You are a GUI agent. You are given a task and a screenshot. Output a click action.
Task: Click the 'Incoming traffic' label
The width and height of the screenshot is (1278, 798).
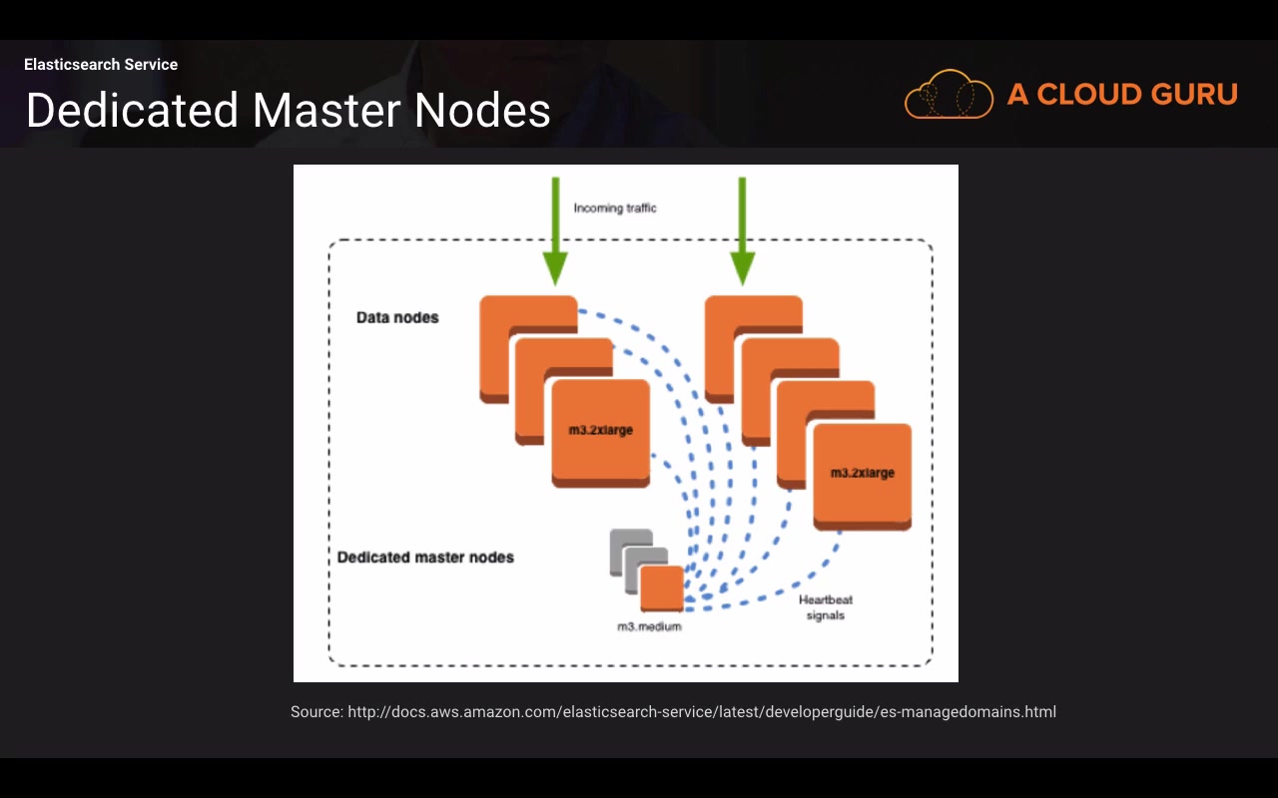615,208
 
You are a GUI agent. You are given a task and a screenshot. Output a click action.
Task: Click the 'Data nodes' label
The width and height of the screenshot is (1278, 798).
397,317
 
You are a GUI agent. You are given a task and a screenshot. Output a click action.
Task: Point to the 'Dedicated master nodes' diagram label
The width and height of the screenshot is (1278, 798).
425,557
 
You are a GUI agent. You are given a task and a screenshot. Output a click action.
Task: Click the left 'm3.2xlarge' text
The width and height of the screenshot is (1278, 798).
601,430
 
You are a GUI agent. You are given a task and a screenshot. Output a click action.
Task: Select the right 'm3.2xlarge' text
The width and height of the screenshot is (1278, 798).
863,473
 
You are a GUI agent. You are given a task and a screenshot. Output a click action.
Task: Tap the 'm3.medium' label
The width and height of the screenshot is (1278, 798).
649,626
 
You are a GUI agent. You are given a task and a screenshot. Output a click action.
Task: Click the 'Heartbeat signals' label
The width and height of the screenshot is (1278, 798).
826,607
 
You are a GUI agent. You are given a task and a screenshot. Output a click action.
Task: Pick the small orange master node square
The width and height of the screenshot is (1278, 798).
662,588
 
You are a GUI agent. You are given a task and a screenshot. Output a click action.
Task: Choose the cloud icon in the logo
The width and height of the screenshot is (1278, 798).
949,95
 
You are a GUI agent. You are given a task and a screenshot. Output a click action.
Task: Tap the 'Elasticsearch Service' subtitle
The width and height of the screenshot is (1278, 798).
101,65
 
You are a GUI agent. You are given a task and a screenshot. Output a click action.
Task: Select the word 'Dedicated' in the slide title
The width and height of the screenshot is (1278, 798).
133,110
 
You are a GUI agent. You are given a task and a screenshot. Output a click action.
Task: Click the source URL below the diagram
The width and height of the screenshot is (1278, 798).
702,712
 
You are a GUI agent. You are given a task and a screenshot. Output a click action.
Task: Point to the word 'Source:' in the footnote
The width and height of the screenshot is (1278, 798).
317,712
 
